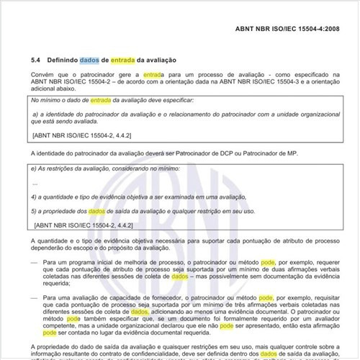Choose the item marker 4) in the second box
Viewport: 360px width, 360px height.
point(35,197)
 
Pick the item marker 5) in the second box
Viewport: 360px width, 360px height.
point(35,210)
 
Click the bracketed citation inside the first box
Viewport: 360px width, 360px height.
point(71,134)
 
